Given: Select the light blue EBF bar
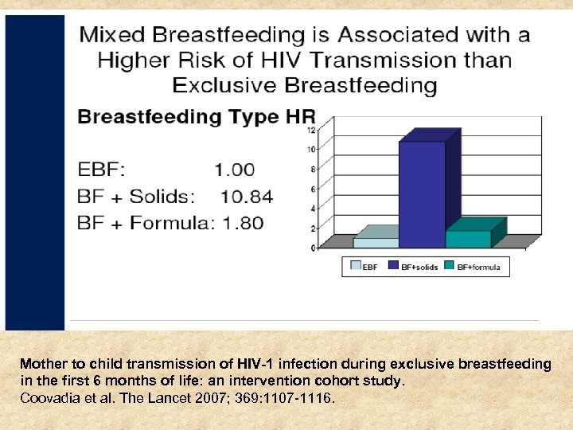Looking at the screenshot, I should tap(376, 242).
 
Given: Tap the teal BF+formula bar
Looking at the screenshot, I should tap(468, 238).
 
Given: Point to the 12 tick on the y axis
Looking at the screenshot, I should tap(311, 130).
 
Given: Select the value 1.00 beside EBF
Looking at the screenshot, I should tap(235, 169).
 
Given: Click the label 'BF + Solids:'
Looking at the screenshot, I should tap(136, 196).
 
